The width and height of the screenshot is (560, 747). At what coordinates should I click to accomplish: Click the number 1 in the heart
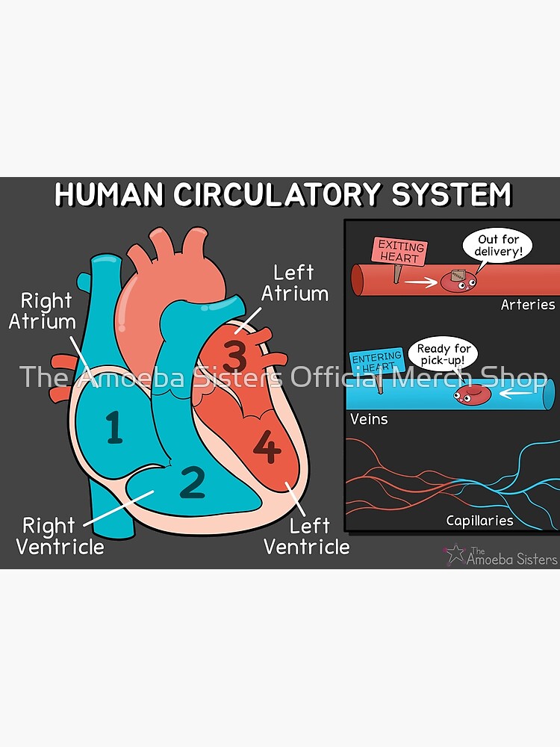coord(114,428)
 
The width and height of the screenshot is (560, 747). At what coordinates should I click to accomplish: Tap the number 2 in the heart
coord(193,482)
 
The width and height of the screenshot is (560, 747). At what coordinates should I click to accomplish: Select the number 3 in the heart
coord(234,355)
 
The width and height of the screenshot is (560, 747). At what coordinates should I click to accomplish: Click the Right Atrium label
coord(46,311)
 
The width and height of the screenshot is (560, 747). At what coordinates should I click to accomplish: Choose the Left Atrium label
coord(294,283)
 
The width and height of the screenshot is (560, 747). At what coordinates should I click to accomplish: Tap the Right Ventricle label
coord(60,536)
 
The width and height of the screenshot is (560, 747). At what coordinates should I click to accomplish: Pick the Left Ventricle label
coord(306,536)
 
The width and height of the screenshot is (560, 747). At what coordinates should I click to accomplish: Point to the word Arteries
coord(528,305)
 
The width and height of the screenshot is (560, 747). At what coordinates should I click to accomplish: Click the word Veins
coord(369,419)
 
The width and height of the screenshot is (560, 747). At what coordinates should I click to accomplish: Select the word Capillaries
coord(479,521)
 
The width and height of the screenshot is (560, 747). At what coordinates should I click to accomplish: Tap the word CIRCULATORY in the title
coord(278,195)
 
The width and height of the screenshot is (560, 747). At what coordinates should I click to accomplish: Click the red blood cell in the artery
coord(454,281)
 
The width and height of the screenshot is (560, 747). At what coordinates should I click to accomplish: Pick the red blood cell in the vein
coord(472,394)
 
